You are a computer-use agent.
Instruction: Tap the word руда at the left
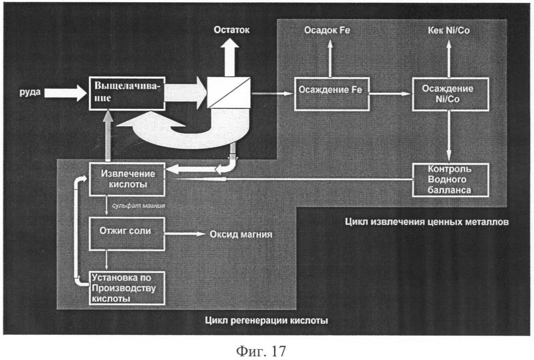point(30,92)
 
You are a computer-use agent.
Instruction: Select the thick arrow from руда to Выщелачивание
point(66,92)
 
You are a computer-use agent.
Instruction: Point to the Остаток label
point(232,30)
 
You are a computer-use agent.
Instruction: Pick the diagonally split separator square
point(229,92)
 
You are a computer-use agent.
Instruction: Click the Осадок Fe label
point(327,31)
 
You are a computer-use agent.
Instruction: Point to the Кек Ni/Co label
point(449,31)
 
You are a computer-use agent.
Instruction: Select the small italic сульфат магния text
point(138,206)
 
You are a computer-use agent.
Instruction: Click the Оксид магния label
point(241,234)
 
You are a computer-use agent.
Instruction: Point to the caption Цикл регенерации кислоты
point(267,321)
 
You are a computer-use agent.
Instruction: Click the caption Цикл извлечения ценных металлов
point(427,222)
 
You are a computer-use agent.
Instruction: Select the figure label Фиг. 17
point(261,351)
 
